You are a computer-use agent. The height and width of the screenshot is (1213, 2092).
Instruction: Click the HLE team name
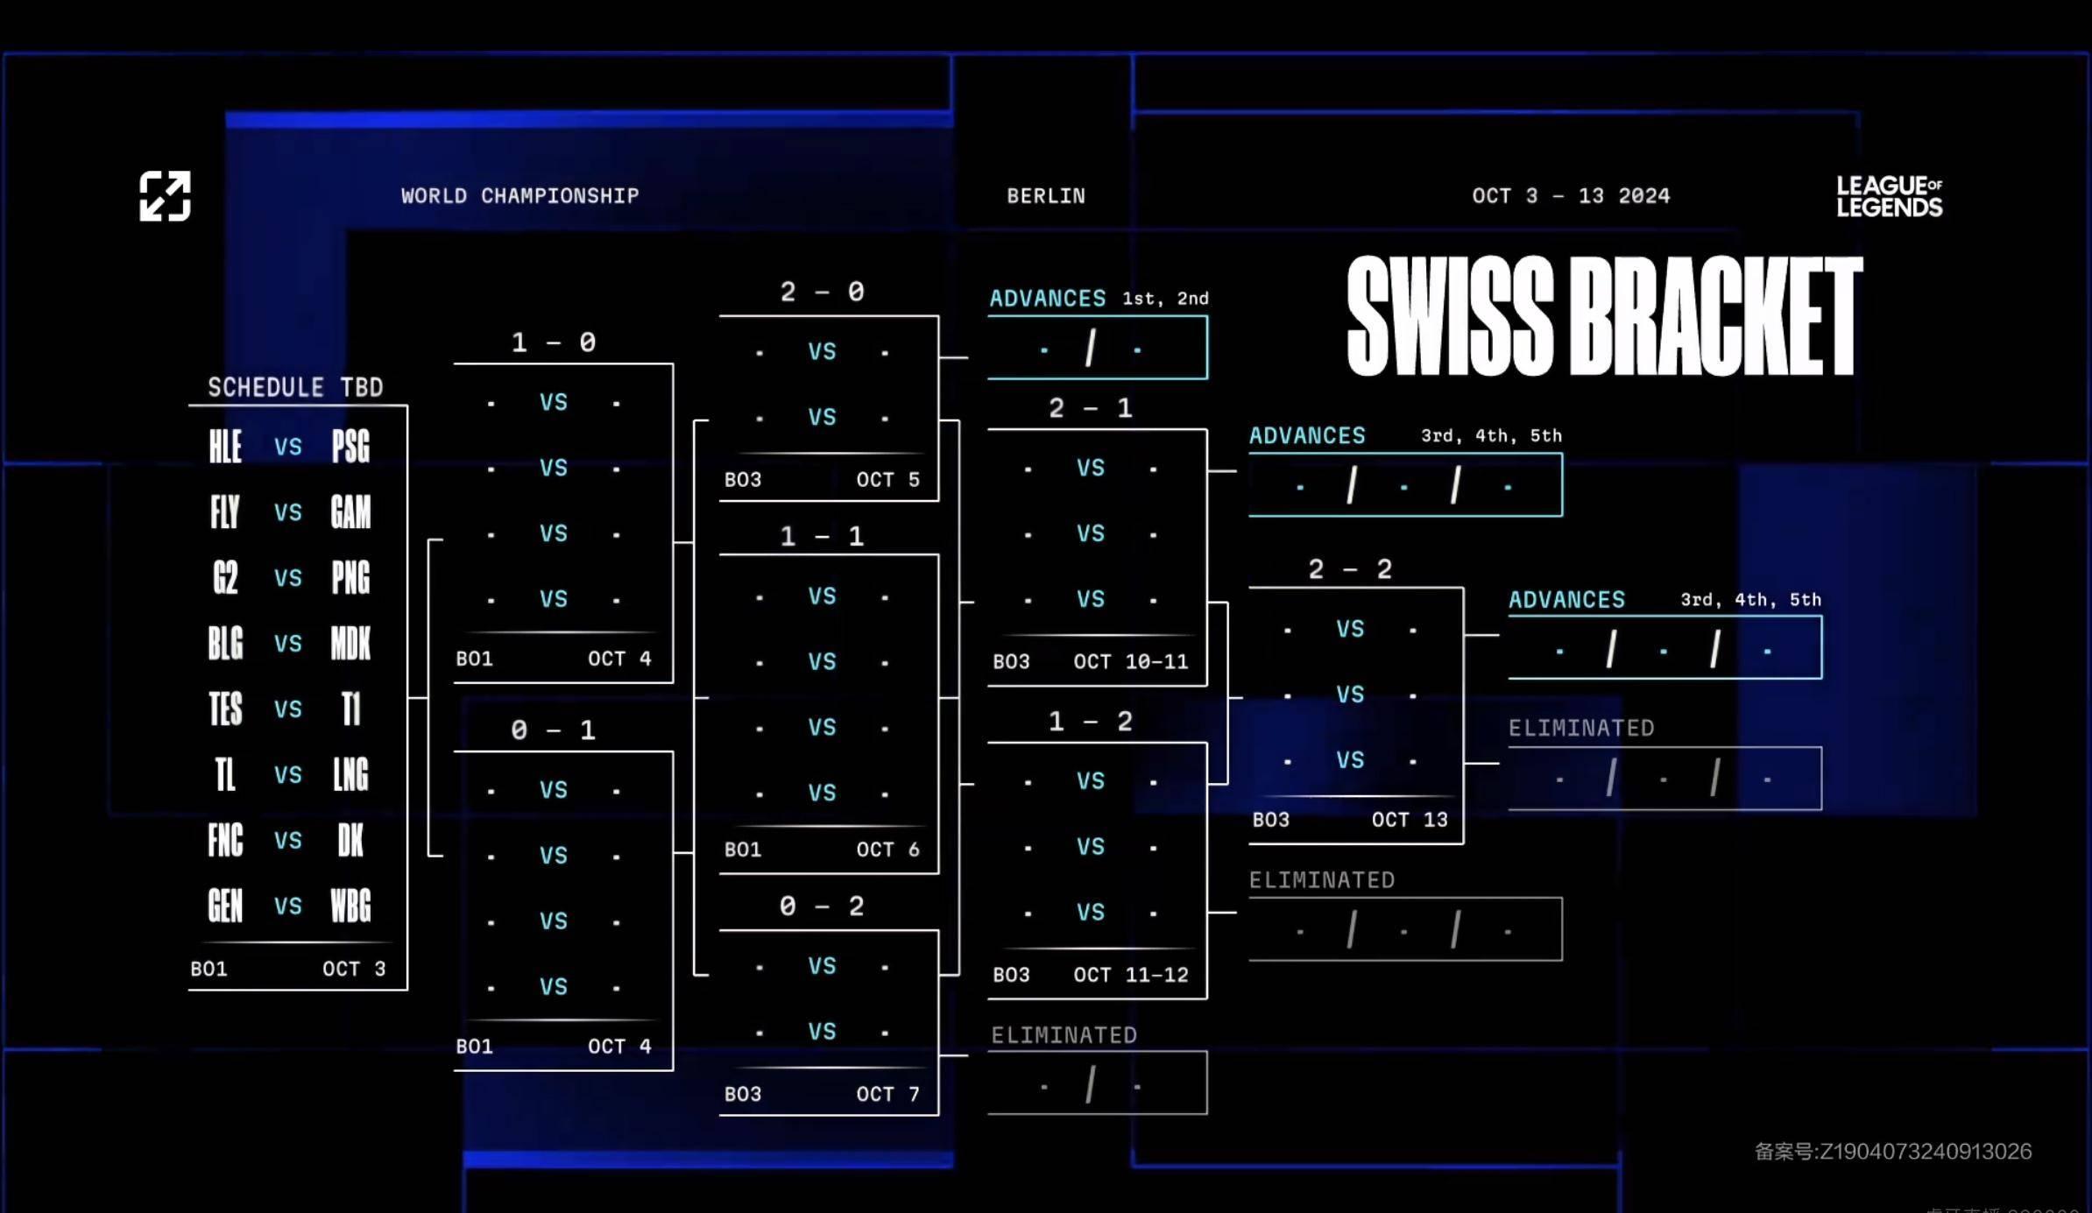[225, 447]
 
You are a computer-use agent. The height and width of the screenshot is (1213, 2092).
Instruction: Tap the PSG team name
[350, 447]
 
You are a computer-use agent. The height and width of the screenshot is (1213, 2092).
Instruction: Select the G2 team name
[225, 578]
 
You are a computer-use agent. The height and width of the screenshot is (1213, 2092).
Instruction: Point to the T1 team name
[350, 709]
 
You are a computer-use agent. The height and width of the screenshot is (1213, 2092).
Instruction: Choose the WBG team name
[350, 906]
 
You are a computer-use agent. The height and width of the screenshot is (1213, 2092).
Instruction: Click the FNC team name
[225, 841]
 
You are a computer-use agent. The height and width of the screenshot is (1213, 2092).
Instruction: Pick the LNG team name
[350, 775]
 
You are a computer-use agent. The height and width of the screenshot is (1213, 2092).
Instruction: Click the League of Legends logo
[1889, 196]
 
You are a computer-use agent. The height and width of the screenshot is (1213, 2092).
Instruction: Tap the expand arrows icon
[165, 196]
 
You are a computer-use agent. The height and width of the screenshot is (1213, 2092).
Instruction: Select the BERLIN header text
[1045, 196]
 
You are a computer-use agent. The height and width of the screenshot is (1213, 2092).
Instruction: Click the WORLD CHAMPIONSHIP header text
[519, 196]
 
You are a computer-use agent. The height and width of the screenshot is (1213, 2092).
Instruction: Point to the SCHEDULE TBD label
[295, 387]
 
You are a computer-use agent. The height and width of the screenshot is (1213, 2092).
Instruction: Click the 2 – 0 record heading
[822, 292]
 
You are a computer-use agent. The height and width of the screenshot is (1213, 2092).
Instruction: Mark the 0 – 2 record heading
[822, 906]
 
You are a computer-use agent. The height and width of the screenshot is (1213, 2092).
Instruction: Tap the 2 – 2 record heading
[1350, 569]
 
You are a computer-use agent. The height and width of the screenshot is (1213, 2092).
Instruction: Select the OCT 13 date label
[1409, 820]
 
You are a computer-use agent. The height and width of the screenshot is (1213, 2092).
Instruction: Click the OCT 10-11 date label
[1130, 662]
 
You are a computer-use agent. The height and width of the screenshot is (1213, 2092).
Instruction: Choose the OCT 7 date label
[887, 1094]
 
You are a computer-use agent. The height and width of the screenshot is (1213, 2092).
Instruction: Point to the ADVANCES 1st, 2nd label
[1099, 299]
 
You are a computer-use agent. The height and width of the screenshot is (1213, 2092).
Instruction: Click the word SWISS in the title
[1451, 316]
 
